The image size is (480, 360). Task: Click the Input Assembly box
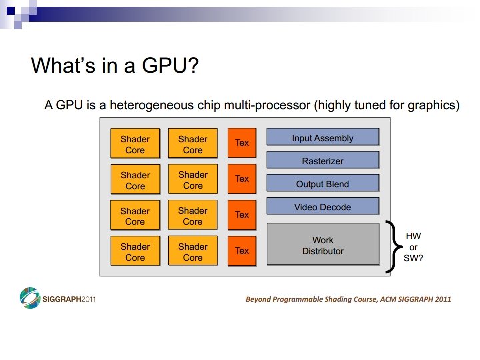pyautogui.click(x=323, y=137)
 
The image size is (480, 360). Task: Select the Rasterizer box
pyautogui.click(x=323, y=161)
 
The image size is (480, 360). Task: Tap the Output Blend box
pyautogui.click(x=323, y=183)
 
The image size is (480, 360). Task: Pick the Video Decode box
pyautogui.click(x=323, y=207)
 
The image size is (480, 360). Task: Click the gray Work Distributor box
pyautogui.click(x=323, y=245)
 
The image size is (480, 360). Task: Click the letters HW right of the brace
pyautogui.click(x=413, y=236)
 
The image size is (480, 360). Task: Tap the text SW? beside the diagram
pyautogui.click(x=413, y=258)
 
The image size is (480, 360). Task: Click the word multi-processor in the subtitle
pyautogui.click(x=273, y=105)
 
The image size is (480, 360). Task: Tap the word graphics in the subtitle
pyautogui.click(x=433, y=105)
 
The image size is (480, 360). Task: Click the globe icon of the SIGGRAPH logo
pyautogui.click(x=29, y=297)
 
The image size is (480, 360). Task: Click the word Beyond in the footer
pyautogui.click(x=259, y=299)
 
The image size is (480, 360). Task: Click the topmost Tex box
pyautogui.click(x=242, y=143)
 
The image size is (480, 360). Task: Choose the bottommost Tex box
pyautogui.click(x=242, y=251)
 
